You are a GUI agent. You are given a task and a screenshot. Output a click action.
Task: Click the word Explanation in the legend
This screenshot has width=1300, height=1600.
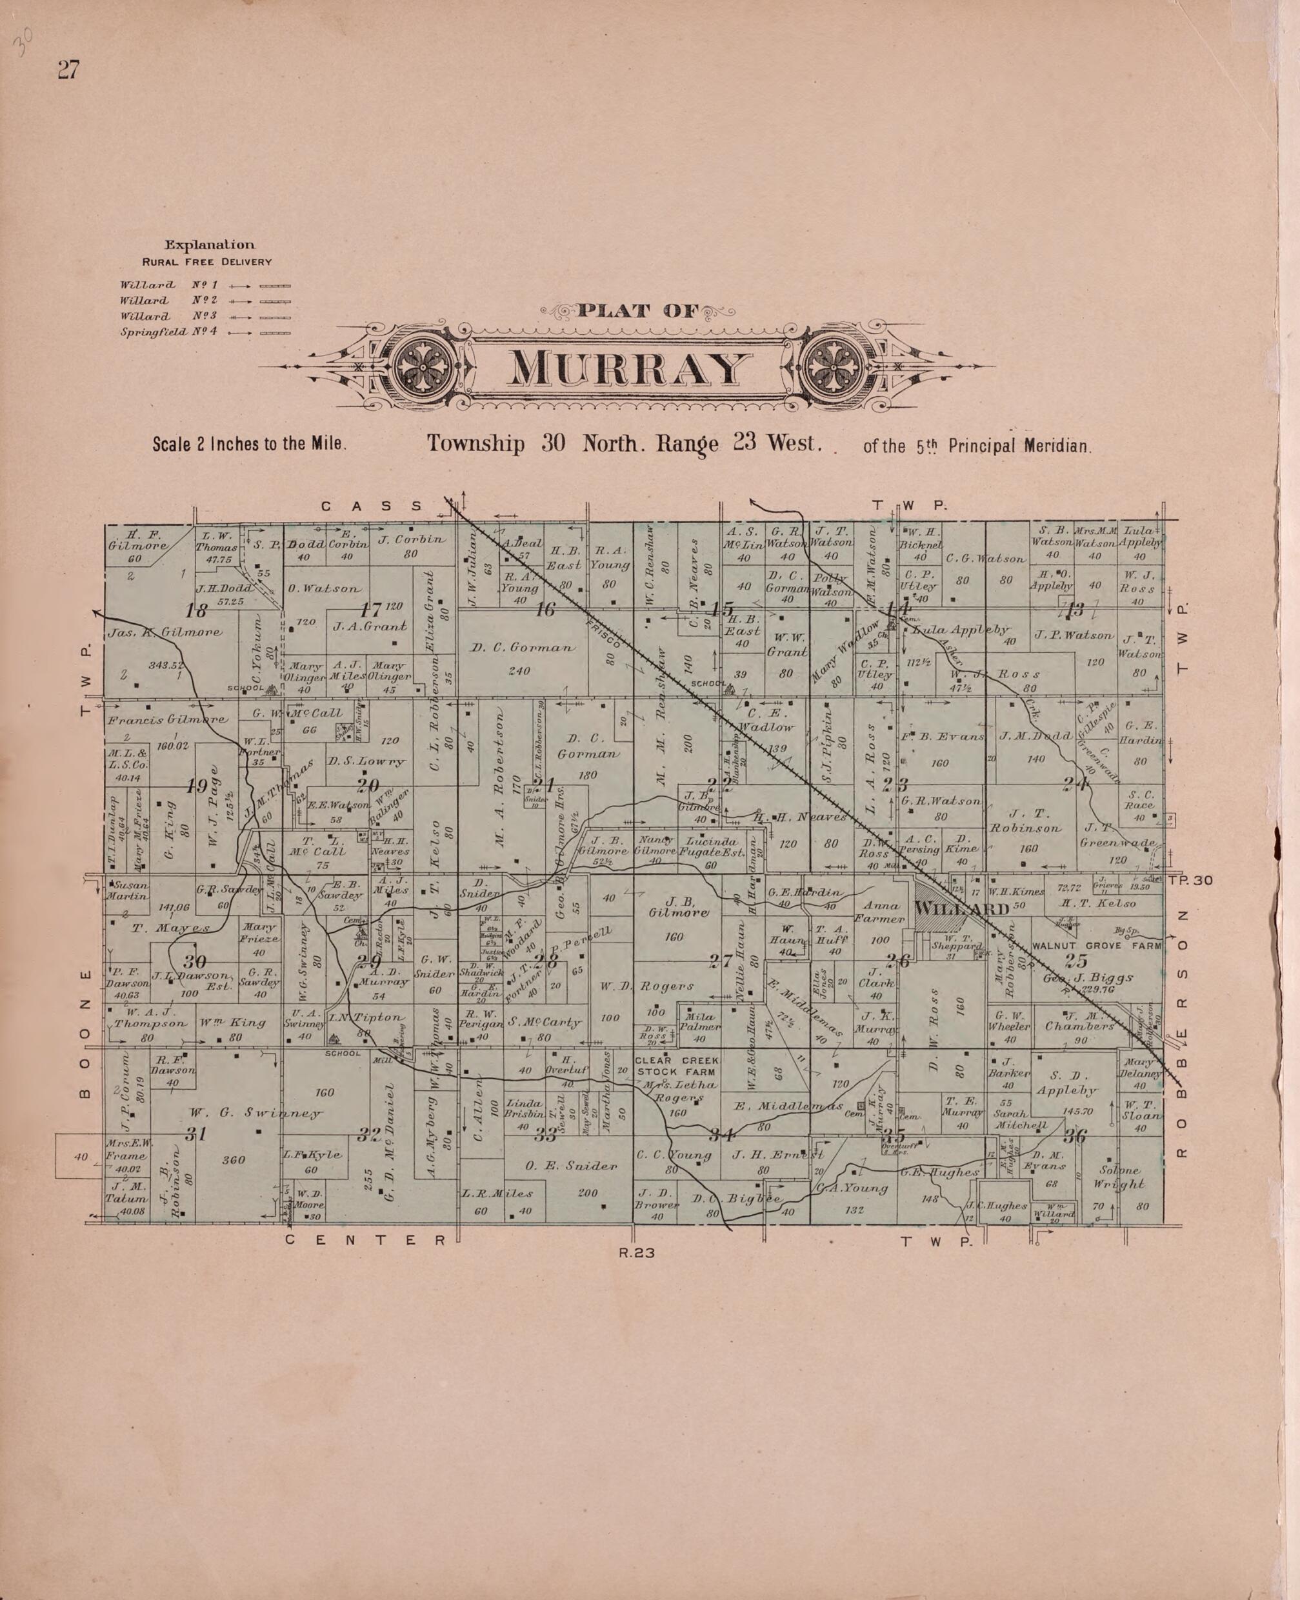[210, 245]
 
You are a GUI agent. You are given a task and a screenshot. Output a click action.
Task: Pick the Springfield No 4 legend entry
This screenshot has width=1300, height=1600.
[168, 331]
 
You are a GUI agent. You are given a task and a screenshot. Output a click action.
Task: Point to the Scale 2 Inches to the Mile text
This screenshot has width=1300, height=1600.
[250, 443]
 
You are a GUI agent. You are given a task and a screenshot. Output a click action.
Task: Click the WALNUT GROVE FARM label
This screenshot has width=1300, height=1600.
[1097, 946]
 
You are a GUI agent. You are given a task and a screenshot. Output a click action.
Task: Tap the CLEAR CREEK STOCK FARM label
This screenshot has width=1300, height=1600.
[676, 1067]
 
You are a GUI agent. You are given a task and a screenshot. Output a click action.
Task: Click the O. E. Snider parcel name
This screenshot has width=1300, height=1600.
[572, 1166]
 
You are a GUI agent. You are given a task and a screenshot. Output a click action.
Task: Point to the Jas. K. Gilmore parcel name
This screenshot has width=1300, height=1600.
[165, 633]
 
